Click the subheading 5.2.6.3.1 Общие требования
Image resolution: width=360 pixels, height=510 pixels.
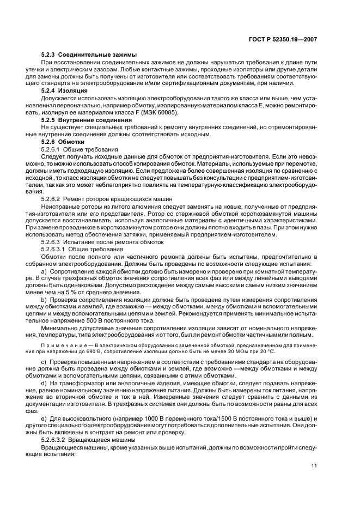[78, 248]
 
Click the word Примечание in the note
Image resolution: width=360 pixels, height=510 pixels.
[60, 345]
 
